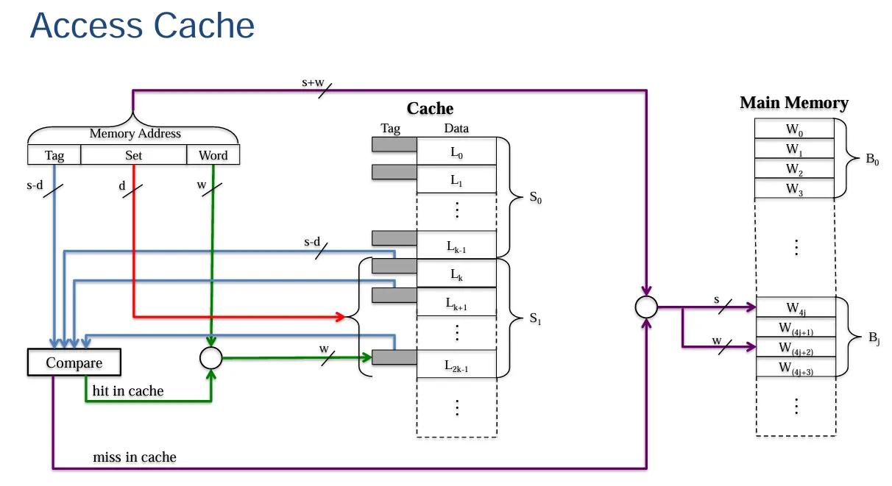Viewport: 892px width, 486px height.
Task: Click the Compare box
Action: (74, 363)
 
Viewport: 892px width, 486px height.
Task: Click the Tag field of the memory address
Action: (54, 155)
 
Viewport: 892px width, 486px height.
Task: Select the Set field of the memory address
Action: (133, 155)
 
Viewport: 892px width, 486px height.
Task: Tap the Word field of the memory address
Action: (213, 155)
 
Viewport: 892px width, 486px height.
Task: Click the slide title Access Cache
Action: (142, 26)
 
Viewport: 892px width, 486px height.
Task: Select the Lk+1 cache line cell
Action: (456, 302)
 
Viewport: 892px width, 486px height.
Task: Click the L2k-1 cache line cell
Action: (456, 364)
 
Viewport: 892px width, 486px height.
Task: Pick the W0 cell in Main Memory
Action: (794, 129)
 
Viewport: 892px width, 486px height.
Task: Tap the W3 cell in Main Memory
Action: (794, 189)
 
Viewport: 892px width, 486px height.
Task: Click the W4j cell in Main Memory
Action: (794, 307)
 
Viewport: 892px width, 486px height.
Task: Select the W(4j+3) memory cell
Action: (794, 367)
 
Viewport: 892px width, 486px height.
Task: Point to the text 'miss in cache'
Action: (135, 457)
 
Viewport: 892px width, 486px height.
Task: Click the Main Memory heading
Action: (794, 103)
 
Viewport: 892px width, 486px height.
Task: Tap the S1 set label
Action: (536, 318)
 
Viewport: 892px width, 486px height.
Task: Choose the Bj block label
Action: (873, 337)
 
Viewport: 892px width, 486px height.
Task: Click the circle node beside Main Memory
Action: (645, 307)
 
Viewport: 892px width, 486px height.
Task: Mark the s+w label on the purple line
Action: (313, 82)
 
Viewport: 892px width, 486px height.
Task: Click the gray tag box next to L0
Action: (394, 145)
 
